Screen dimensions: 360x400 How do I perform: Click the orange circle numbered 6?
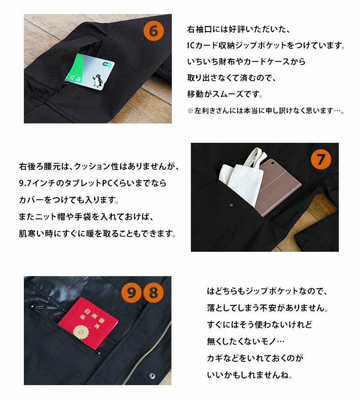pos(153,31)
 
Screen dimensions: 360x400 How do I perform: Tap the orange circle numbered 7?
pos(321,159)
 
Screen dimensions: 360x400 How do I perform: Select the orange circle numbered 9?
pos(131,293)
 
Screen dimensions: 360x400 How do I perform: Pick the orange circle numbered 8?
pos(153,293)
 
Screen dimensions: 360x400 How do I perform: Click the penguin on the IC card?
pos(98,80)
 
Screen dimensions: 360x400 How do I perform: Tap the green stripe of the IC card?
pos(75,68)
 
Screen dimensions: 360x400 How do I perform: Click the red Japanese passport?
pos(88,323)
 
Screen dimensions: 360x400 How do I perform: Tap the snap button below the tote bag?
pos(231,205)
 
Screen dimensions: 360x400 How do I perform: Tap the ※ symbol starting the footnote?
pos(190,111)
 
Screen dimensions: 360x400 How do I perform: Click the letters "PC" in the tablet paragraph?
pos(107,183)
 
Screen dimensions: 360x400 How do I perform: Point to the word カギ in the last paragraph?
pos(216,358)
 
